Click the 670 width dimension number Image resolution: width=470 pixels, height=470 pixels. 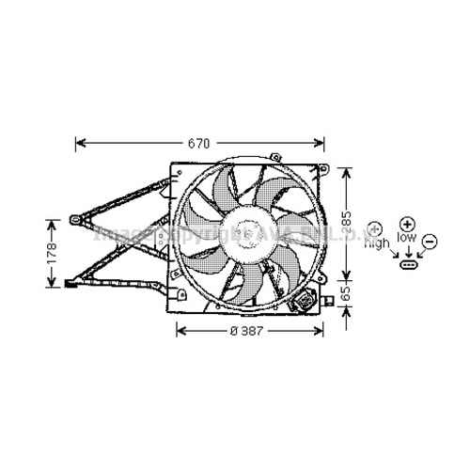click(198, 144)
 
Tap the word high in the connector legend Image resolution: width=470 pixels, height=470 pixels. click(377, 243)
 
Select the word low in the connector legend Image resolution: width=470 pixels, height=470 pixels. click(406, 239)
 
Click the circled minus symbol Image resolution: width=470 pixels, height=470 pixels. click(429, 242)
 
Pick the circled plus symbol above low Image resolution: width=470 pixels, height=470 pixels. click(406, 224)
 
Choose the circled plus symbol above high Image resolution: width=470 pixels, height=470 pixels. click(374, 228)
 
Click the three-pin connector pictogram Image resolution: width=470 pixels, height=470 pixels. click(409, 264)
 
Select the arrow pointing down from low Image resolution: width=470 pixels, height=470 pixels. click(408, 251)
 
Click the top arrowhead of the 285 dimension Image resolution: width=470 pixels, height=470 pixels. click(345, 172)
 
